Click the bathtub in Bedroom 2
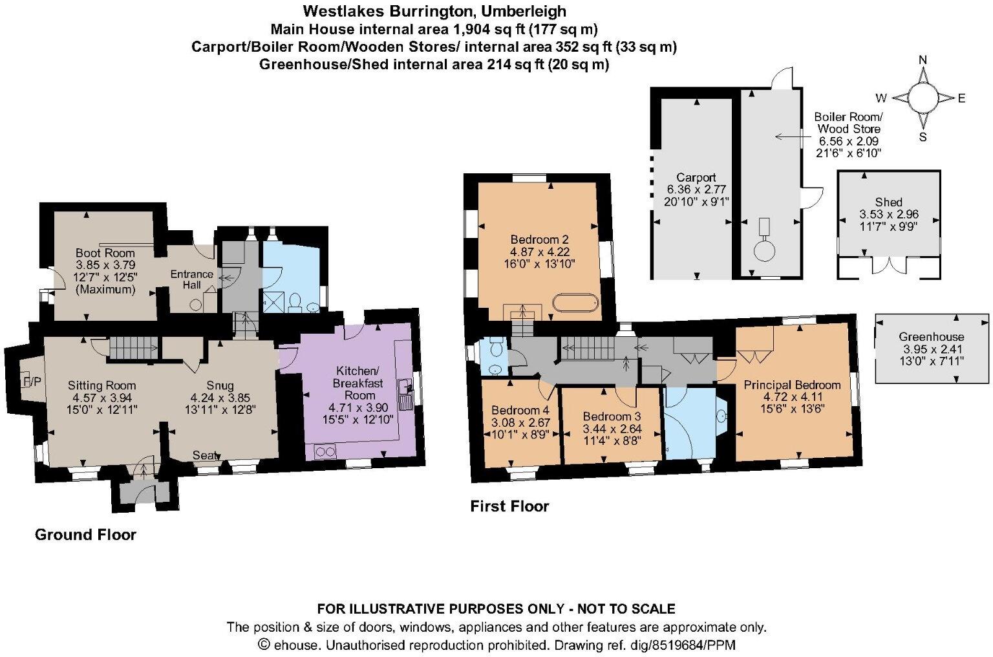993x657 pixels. pyautogui.click(x=575, y=304)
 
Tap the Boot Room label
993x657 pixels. pyautogui.click(x=105, y=253)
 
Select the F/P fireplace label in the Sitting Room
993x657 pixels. pyautogui.click(x=32, y=382)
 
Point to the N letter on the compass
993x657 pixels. pyautogui.click(x=923, y=61)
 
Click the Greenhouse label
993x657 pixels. pyautogui.click(x=931, y=336)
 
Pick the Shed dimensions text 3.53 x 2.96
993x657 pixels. pyautogui.click(x=888, y=214)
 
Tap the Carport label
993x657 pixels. pyautogui.click(x=696, y=177)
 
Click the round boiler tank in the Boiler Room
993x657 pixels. pyautogui.click(x=764, y=250)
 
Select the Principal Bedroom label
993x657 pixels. pyautogui.click(x=792, y=385)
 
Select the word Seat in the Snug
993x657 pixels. pyautogui.click(x=206, y=455)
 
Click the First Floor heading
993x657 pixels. pyautogui.click(x=509, y=506)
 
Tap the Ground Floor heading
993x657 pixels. pyautogui.click(x=85, y=535)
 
